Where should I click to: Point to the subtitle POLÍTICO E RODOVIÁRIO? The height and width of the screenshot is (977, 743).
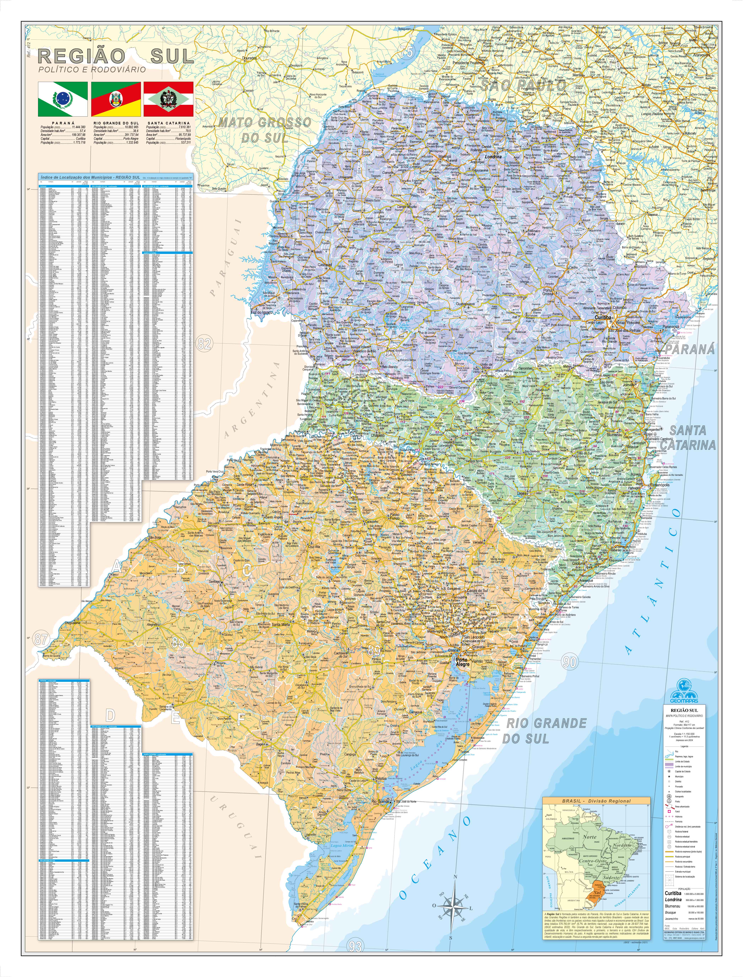coord(92,70)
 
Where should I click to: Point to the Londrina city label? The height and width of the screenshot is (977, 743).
coord(493,156)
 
